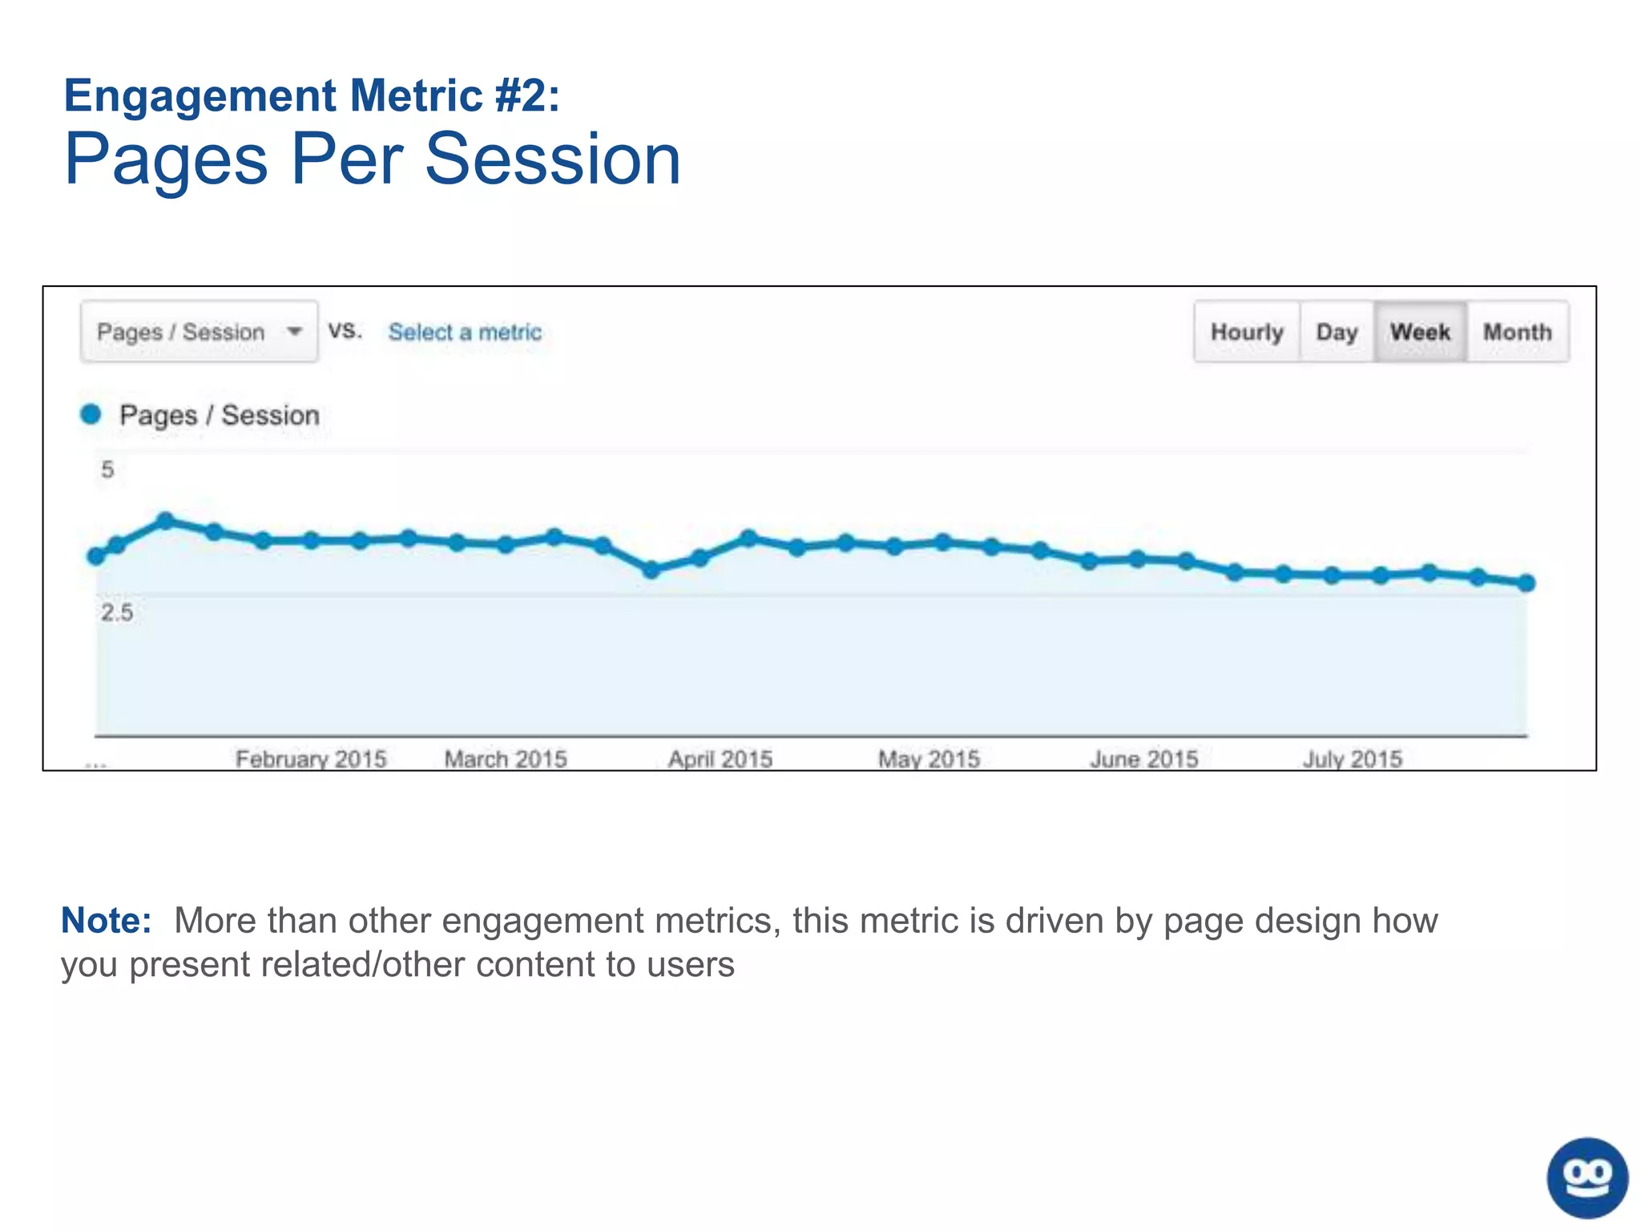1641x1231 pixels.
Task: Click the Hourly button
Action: tap(1247, 332)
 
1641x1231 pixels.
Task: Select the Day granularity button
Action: tap(1337, 332)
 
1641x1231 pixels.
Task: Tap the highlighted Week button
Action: tap(1420, 332)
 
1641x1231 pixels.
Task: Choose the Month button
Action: tap(1518, 332)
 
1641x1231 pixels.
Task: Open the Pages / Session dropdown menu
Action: tap(199, 332)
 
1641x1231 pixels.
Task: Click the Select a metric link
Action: tap(465, 332)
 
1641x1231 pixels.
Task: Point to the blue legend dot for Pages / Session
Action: tap(91, 414)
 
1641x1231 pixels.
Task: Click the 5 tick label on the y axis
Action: tap(107, 470)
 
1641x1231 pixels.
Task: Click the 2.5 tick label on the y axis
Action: tap(117, 613)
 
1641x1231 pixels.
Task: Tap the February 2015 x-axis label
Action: tap(311, 758)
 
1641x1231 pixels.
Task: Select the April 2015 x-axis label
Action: tap(720, 758)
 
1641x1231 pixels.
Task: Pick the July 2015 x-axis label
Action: tap(1353, 758)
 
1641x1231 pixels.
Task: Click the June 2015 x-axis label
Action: tap(1144, 758)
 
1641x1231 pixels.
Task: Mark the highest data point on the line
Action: tap(166, 521)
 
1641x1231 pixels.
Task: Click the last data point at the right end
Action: tap(1526, 583)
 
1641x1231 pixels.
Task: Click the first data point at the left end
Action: tap(96, 556)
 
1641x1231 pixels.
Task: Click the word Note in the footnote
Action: tap(106, 920)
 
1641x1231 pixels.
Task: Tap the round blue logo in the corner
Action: tap(1587, 1177)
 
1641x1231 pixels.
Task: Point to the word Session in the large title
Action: tap(552, 159)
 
